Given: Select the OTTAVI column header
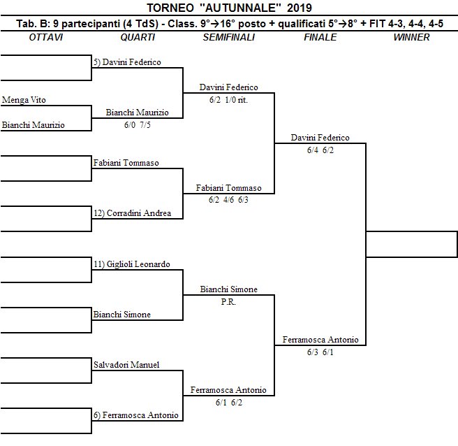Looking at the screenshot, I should point(46,37).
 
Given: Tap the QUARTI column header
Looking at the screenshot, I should point(138,37).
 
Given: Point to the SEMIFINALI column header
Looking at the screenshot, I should point(228,37).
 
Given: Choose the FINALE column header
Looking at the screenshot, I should point(320,37).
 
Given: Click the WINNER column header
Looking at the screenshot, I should point(411,37).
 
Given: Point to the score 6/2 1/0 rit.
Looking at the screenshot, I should point(228,100).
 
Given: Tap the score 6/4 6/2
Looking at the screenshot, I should point(320,150).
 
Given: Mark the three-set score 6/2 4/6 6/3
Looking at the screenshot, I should point(228,201).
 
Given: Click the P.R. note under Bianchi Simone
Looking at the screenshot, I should point(228,301).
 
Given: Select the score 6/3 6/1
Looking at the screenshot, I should point(320,352).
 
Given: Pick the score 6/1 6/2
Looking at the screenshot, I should point(228,403).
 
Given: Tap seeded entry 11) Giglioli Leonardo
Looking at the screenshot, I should point(132,264).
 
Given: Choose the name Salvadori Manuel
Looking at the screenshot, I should point(126,365).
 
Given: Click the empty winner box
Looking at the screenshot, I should point(411,244).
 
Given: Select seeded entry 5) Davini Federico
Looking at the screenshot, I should point(127,62).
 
